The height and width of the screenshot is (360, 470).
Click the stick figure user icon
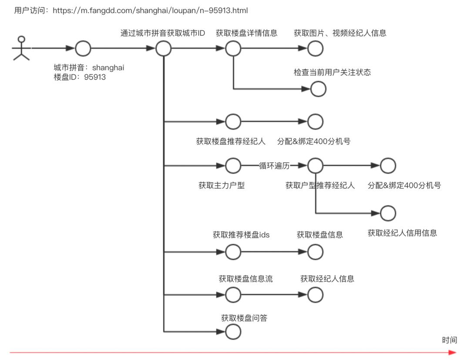21,48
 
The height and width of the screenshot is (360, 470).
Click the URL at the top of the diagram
150,10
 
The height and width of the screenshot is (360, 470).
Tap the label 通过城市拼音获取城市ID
163,33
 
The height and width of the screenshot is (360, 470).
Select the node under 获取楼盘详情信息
233,49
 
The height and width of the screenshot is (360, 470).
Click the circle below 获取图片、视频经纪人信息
316,49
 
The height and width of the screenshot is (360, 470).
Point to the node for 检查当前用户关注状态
318,89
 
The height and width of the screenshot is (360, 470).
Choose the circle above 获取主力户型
233,166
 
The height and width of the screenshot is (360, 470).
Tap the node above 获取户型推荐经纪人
316,166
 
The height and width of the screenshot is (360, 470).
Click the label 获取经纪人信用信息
402,233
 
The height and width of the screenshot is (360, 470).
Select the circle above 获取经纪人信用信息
388,213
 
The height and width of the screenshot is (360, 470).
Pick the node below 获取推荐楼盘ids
233,252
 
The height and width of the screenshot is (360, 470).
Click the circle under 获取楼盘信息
316,252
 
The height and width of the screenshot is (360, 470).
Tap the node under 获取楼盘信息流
233,295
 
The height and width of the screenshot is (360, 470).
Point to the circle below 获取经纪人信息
316,295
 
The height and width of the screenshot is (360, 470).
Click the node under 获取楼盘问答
233,333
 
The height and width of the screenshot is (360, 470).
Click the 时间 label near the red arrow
450,340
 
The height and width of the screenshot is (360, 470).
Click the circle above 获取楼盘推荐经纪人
233,122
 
